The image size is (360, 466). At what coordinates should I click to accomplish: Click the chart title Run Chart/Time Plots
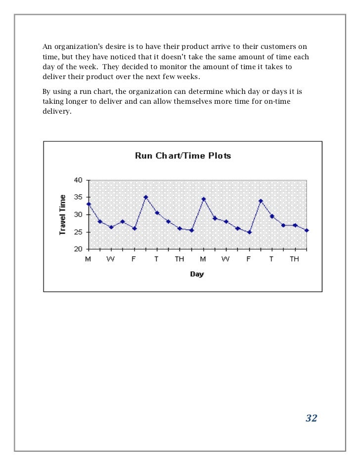tap(183, 156)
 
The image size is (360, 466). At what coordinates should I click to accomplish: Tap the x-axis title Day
tap(197, 274)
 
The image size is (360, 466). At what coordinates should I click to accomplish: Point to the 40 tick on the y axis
tap(78, 180)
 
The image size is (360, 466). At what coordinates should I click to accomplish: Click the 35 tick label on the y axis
tap(78, 197)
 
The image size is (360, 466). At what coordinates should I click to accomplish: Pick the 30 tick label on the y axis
tap(78, 214)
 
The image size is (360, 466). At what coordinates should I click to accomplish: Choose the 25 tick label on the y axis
tap(78, 232)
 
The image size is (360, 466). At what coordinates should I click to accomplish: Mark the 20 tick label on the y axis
tap(78, 249)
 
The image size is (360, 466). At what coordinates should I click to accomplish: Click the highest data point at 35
tap(146, 197)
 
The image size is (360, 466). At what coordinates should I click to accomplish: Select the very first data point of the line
tap(89, 204)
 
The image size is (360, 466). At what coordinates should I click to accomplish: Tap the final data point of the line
tap(307, 230)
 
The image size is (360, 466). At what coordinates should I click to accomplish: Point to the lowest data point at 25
tap(249, 232)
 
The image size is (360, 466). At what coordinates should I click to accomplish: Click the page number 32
tap(311, 419)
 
